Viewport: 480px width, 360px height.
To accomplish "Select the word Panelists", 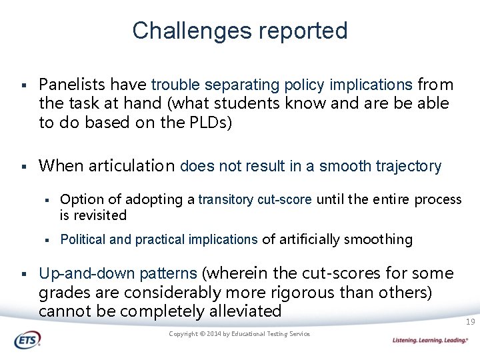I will click(71, 85).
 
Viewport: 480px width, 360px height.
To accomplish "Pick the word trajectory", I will click(408, 166).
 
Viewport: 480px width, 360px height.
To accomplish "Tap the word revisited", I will click(99, 215).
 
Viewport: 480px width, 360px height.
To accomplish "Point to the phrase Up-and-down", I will click(79, 273).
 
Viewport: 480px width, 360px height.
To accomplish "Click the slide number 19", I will click(470, 322).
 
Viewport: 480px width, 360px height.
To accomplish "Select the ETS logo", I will click(27, 340).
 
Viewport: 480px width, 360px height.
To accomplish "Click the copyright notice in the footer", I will click(239, 334).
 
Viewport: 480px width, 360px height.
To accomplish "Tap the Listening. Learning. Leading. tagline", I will click(430, 341).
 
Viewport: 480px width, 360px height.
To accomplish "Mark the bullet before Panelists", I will click(23, 85).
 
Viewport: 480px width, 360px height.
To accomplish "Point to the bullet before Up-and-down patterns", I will click(23, 274).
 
